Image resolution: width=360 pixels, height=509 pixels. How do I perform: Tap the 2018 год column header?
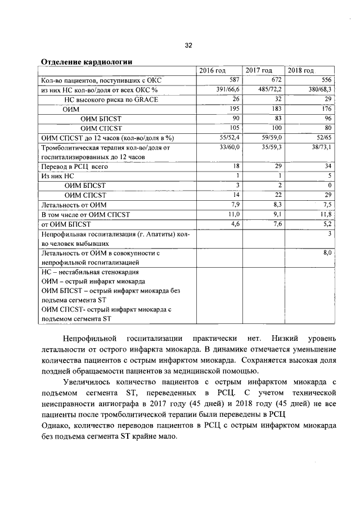click(x=301, y=70)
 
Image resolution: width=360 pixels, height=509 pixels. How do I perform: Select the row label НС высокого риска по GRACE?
click(x=107, y=99)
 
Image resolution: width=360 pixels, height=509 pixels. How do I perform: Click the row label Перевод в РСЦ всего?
click(x=71, y=166)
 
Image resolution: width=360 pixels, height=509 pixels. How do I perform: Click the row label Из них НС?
click(x=55, y=176)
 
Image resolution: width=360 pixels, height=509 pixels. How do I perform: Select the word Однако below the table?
click(x=56, y=424)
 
